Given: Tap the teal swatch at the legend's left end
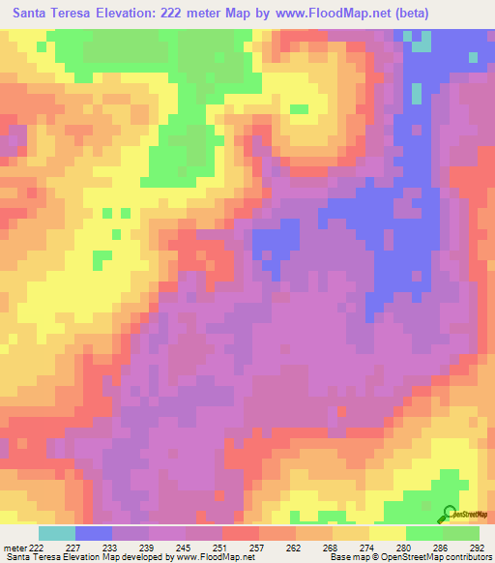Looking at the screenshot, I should pyautogui.click(x=56, y=532).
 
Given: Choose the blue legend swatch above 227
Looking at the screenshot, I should pyautogui.click(x=93, y=532).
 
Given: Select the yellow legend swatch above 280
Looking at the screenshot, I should pyautogui.click(x=388, y=532).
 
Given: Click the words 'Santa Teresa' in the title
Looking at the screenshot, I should pyautogui.click(x=47, y=14).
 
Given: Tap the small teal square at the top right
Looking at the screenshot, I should pyautogui.click(x=422, y=43).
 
